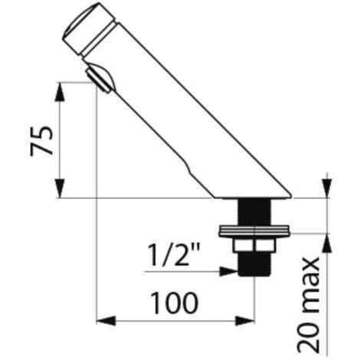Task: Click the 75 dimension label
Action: [x=41, y=141]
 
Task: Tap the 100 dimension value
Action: [x=175, y=303]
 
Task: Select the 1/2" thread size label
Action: [x=174, y=255]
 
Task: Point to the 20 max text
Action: [x=309, y=305]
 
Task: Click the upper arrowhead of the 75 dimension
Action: [x=61, y=92]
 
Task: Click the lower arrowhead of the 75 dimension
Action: [x=61, y=188]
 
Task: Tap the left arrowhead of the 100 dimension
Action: [x=106, y=321]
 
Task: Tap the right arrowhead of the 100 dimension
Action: [x=245, y=321]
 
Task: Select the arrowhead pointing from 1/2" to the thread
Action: [x=229, y=272]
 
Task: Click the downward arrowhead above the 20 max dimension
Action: [x=327, y=188]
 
